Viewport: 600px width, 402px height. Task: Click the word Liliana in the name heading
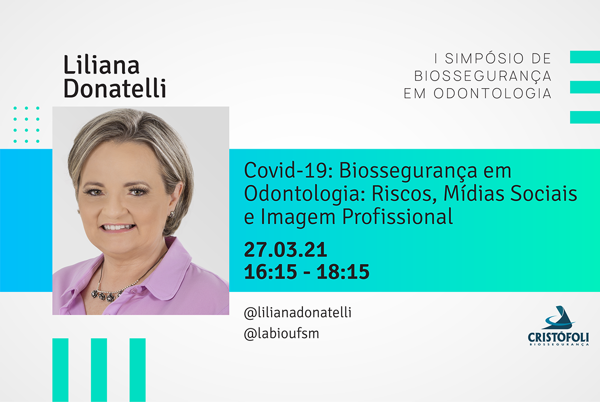101,65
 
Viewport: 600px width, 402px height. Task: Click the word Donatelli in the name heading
115,88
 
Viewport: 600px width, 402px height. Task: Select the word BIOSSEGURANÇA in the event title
482,76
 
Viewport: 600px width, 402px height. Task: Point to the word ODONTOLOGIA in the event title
492,93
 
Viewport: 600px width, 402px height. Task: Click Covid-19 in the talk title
288,170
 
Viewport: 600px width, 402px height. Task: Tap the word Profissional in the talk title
397,216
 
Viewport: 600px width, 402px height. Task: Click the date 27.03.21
285,250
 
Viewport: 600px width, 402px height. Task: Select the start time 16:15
270,272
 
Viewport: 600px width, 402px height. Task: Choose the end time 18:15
343,272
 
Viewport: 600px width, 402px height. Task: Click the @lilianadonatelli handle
297,312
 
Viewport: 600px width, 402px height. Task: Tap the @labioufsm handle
281,334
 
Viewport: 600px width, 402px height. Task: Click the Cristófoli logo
558,326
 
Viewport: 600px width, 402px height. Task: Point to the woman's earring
171,214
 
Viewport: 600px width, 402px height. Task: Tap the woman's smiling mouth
117,228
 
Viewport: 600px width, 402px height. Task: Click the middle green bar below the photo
99,370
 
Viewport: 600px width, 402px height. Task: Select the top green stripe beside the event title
585,57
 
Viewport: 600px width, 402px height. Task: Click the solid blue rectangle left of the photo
26,220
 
